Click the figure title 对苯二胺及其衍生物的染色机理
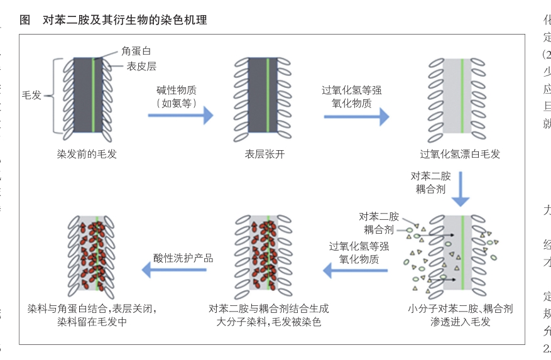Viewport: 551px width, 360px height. click(x=124, y=20)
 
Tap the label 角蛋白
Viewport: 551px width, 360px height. click(x=136, y=51)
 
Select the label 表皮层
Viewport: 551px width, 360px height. click(x=141, y=65)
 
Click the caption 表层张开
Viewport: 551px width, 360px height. click(x=265, y=154)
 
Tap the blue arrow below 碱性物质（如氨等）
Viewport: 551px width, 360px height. click(x=180, y=116)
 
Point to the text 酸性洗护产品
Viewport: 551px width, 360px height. click(x=183, y=258)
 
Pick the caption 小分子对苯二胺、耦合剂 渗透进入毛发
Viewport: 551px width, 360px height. click(x=460, y=315)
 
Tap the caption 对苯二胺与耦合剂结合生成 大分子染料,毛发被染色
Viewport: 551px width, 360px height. click(x=268, y=315)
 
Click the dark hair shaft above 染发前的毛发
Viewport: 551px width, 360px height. click(x=83, y=97)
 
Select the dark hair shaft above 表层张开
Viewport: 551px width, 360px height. click(x=259, y=97)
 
